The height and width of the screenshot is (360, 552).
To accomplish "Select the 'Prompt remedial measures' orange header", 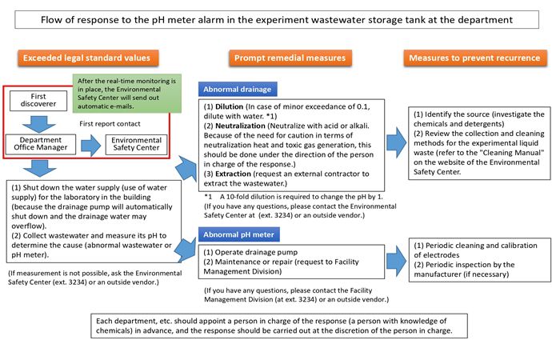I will click(289, 57).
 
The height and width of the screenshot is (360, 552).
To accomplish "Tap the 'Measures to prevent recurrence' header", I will click(470, 57).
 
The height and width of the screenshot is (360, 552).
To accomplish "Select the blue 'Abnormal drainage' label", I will click(238, 90).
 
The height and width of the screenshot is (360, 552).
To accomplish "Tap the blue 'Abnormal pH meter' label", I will click(239, 234).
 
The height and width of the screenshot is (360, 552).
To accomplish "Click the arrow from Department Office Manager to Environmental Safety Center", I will click(90, 145).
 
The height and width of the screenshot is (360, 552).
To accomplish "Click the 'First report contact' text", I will click(110, 124).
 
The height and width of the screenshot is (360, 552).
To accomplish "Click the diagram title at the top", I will click(276, 20).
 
